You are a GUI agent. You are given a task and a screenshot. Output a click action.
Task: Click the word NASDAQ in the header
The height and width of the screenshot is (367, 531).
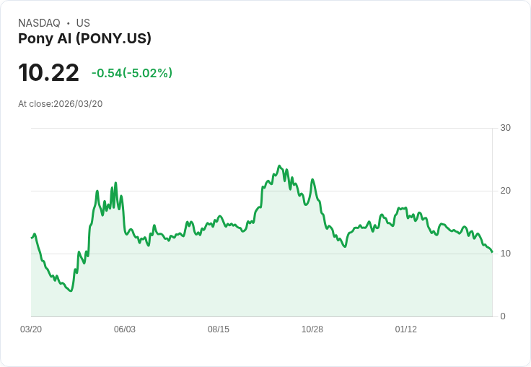pos(39,23)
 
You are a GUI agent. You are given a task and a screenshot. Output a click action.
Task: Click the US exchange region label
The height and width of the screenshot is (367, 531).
pos(83,23)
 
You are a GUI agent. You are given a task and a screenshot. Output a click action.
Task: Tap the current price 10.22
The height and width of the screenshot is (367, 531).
pos(48,73)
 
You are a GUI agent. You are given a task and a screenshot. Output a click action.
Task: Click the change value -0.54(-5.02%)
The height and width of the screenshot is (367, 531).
pos(132,73)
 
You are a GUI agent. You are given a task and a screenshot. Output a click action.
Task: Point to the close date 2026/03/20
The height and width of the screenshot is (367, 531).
pos(78,104)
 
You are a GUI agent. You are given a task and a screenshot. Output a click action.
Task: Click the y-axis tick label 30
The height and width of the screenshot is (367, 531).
pos(505,128)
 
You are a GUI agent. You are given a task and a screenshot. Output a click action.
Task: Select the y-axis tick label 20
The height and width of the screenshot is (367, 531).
pos(505,191)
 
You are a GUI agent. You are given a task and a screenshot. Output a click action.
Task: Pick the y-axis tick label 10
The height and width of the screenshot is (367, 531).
pos(505,254)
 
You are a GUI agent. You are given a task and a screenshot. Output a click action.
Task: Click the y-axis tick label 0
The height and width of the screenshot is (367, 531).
pos(503,316)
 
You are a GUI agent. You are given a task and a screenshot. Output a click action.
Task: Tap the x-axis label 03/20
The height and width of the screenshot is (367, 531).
pos(31,329)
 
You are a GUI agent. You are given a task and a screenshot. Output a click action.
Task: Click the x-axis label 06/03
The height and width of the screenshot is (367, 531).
pos(125,329)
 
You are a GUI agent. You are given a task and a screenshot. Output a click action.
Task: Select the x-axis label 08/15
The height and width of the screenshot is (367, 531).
pos(219,329)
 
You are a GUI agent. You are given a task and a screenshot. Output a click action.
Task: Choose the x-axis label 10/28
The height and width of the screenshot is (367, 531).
pos(312,329)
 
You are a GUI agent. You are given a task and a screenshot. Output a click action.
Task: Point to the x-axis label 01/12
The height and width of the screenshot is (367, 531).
pos(406,329)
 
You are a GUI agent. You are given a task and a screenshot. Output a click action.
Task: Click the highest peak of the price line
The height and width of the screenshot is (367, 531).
pos(280,165)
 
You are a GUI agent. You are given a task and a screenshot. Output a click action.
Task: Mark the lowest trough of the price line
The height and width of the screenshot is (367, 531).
pos(70,290)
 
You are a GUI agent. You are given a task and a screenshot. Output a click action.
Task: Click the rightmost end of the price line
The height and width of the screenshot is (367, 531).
pos(492,252)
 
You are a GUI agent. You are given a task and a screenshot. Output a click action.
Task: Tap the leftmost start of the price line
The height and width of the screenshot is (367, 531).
pos(31,238)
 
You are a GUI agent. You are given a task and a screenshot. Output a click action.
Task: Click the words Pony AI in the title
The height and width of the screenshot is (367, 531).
pos(45,38)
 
